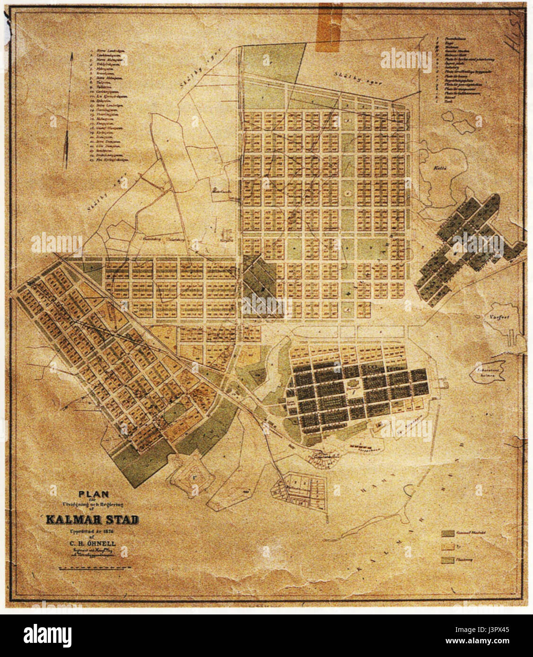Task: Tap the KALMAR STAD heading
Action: coord(92,520)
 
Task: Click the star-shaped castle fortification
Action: coord(192,475)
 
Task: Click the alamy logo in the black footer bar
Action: coord(48,633)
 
